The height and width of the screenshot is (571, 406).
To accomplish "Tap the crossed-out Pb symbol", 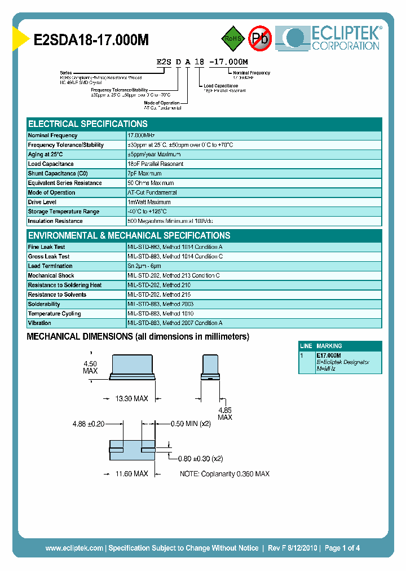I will click(x=260, y=38).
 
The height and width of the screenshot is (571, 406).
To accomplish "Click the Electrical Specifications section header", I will click(x=88, y=124).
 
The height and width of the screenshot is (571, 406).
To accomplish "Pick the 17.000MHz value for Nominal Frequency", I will click(x=142, y=135).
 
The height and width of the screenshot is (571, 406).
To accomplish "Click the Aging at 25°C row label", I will click(x=46, y=155).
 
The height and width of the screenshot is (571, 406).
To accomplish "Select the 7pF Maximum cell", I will click(x=145, y=174).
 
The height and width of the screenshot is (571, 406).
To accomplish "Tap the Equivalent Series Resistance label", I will click(x=65, y=183).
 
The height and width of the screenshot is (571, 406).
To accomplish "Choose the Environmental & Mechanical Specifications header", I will click(x=129, y=236).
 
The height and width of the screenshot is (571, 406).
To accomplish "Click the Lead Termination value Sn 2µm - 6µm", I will click(x=144, y=266).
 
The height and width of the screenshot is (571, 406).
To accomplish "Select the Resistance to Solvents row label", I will click(x=57, y=295).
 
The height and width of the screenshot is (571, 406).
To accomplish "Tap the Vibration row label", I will click(x=39, y=323).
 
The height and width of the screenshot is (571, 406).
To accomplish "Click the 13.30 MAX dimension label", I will click(x=131, y=399).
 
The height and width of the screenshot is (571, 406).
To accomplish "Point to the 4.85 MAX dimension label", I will click(x=225, y=414).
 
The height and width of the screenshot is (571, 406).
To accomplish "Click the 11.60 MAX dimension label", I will click(x=131, y=474).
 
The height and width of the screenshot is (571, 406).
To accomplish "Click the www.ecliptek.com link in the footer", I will click(x=74, y=548).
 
